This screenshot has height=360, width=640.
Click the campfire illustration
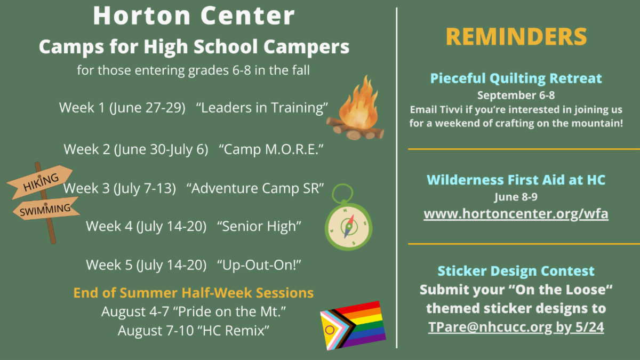coord(356,110)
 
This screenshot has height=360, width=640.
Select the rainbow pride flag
coord(353,325)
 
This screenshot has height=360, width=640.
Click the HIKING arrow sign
coord(40,181)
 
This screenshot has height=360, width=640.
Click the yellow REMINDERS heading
coord(516,37)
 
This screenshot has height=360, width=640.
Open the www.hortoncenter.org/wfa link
coord(516,214)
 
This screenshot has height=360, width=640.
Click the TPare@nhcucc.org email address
coord(490,327)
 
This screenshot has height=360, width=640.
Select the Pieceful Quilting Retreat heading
coord(516,78)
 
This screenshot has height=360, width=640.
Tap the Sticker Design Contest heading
coord(516,271)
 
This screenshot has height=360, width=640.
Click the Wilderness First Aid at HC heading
coord(516,180)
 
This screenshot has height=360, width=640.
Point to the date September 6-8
coord(516,95)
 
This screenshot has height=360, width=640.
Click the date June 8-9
coord(516,197)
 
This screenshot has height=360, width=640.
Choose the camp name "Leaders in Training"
coord(262,108)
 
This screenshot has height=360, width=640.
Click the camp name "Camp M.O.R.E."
coord(271,149)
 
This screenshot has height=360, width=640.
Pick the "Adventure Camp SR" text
coord(255,188)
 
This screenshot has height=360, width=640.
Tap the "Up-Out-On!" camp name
coord(259,265)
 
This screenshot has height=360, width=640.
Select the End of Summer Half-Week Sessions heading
coord(194,293)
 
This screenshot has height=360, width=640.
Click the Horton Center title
coord(194,15)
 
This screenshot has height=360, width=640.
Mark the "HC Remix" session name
coord(236,331)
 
